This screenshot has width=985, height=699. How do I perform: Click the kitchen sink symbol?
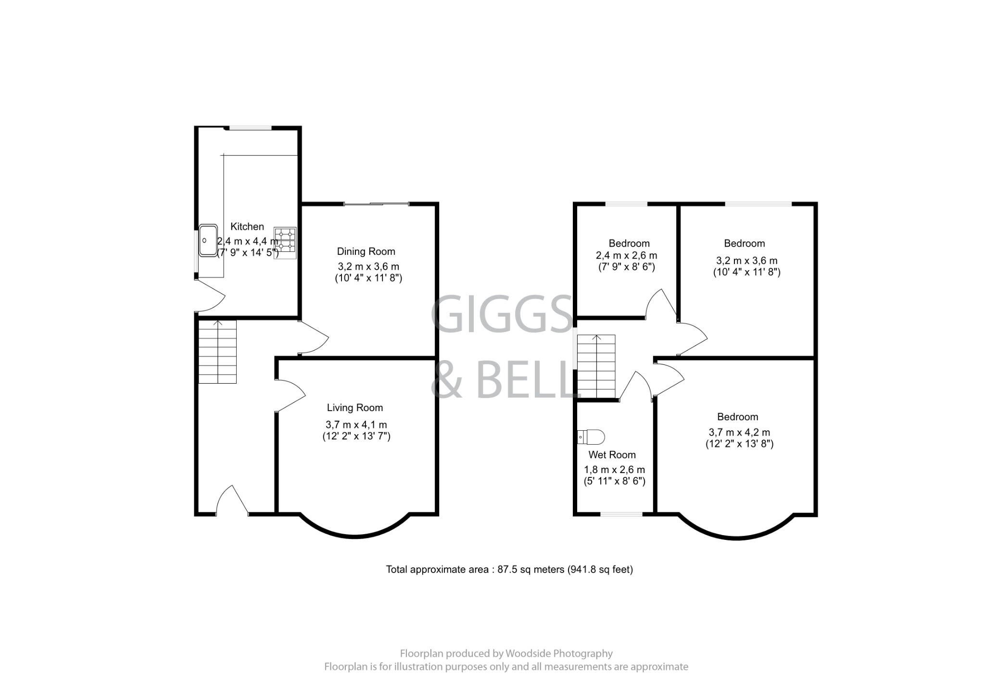[x=208, y=240]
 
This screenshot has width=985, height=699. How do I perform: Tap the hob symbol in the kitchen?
[x=285, y=243]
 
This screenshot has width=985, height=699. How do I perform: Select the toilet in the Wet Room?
[x=592, y=437]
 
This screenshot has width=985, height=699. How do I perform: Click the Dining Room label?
[x=366, y=251]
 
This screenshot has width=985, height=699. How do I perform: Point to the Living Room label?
[x=355, y=408]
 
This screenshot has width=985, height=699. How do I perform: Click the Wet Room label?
[x=612, y=455]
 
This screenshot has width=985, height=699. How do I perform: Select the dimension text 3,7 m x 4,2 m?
[x=739, y=432]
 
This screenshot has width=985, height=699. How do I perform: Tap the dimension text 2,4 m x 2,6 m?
[x=626, y=256]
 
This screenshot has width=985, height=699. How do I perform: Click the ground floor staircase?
[x=217, y=352]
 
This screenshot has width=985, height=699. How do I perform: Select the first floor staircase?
[x=596, y=366]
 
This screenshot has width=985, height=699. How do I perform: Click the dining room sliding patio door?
[x=376, y=204]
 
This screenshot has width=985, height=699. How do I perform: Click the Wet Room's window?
[x=621, y=514]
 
